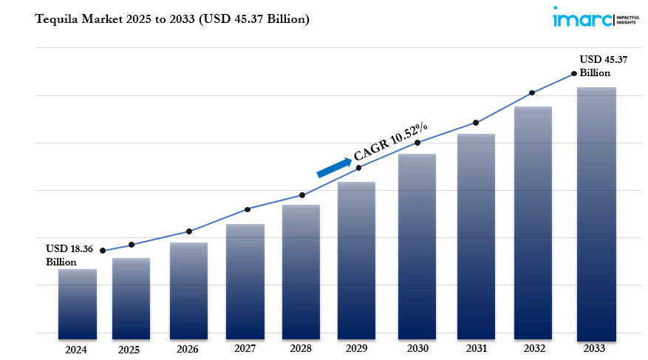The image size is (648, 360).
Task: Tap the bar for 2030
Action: point(417,244)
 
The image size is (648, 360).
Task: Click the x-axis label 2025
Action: point(129,350)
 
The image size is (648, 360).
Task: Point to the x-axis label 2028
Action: point(301,349)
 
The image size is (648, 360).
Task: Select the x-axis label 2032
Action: point(534,349)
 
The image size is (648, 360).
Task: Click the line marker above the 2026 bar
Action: point(189,231)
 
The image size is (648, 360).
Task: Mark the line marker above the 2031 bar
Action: point(476,123)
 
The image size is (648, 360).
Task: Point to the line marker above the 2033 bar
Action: point(574,74)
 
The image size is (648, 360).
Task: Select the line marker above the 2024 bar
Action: point(102,251)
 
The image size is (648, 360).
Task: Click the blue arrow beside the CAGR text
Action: point(334,167)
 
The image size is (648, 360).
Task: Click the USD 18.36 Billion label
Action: point(69,255)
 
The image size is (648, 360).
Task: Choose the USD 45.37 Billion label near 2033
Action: point(603,66)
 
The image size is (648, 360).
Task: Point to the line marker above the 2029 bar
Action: point(359,168)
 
